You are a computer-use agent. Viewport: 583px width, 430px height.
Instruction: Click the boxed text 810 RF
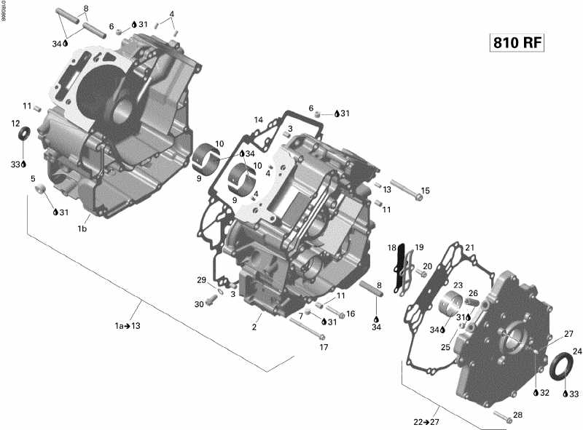pos(517,43)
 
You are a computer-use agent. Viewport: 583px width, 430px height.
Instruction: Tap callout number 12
pos(15,124)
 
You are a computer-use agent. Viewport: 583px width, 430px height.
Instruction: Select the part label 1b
pos(82,228)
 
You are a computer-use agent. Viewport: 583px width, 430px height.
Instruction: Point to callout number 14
pos(258,120)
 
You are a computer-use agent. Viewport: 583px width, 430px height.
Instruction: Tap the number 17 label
pos(325,347)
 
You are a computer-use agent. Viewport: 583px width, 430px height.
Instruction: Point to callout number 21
pos(469,247)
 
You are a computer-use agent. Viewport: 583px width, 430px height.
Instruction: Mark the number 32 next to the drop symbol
pos(544,393)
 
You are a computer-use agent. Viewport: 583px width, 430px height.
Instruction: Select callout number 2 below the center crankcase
pos(254,327)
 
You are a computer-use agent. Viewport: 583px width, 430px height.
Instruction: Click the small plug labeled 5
pos(42,191)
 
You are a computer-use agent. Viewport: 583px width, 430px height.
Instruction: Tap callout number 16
pos(351,314)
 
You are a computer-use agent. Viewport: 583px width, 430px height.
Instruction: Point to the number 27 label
pos(568,333)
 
